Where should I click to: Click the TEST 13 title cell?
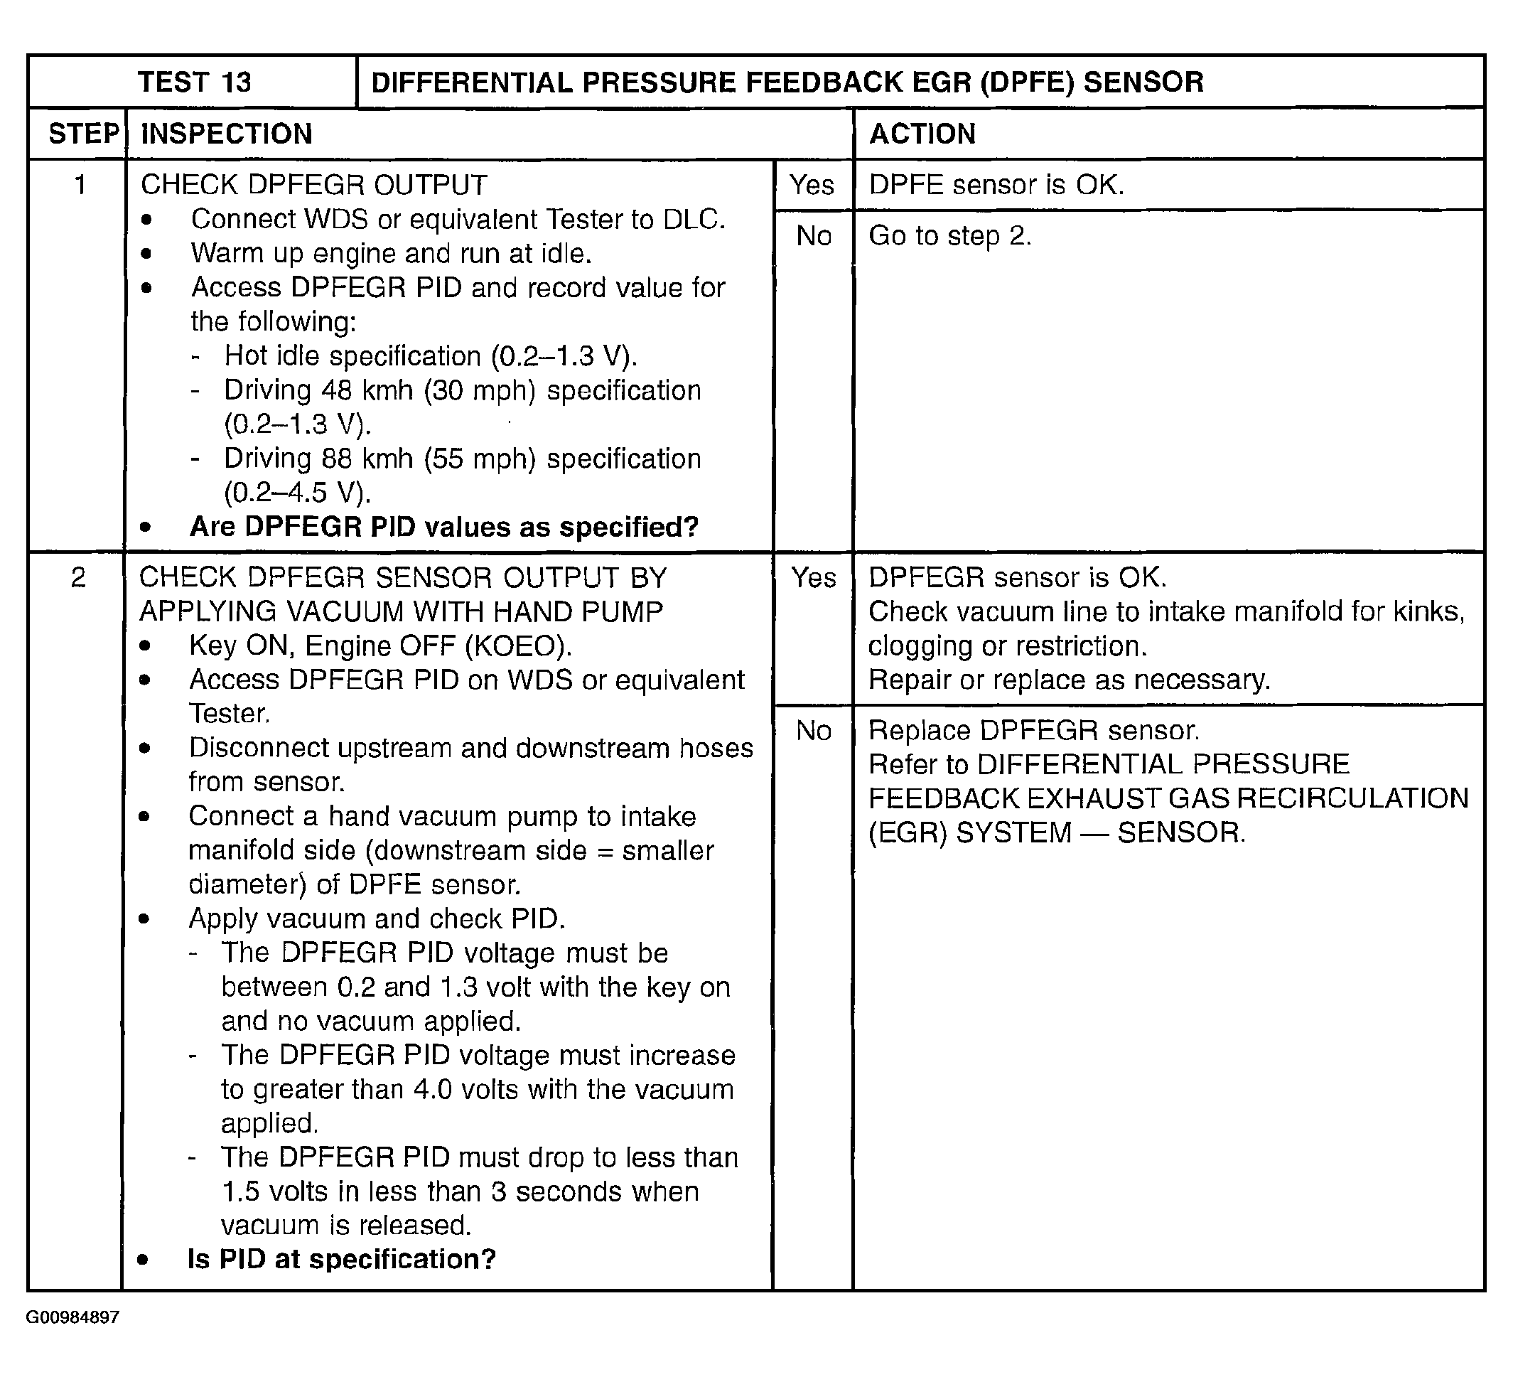[x=193, y=82]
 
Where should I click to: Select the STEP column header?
[x=82, y=134]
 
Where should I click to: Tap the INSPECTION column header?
[x=227, y=134]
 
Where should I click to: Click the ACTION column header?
[x=922, y=134]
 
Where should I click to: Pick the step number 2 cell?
[x=78, y=577]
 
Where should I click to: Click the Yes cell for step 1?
[x=813, y=185]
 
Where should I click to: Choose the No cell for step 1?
[x=814, y=237]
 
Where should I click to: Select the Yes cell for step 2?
[x=814, y=577]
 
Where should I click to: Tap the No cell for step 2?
[x=814, y=731]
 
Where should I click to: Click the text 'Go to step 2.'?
[x=950, y=237]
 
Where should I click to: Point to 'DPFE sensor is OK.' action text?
[x=996, y=185]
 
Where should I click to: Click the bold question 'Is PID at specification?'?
[x=342, y=1259]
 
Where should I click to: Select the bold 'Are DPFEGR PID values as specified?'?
[x=444, y=527]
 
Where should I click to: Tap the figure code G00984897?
[x=72, y=1318]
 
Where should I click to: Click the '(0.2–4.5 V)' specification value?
[x=297, y=493]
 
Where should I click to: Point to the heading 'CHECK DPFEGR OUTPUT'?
[x=313, y=185]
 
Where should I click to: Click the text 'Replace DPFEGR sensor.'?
[x=1034, y=731]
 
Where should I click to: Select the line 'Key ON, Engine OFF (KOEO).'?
[x=380, y=645]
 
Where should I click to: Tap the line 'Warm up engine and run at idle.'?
[x=391, y=254]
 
